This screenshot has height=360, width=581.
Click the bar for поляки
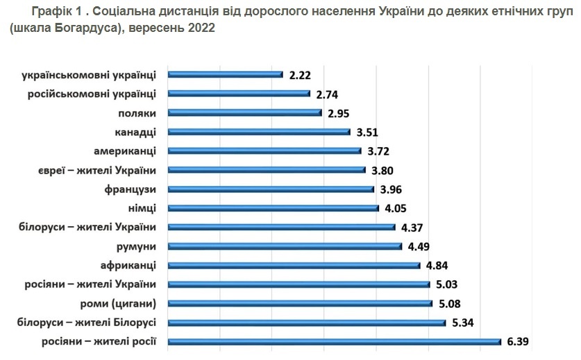click(x=246, y=112)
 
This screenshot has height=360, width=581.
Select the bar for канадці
click(x=260, y=132)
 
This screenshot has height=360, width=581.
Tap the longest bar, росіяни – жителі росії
click(x=335, y=341)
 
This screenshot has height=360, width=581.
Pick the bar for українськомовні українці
click(x=226, y=74)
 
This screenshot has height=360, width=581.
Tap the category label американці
click(x=124, y=151)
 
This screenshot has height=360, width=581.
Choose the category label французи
click(x=130, y=189)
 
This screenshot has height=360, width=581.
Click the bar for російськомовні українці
click(x=239, y=94)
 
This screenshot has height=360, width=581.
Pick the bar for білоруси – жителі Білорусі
click(x=308, y=322)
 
